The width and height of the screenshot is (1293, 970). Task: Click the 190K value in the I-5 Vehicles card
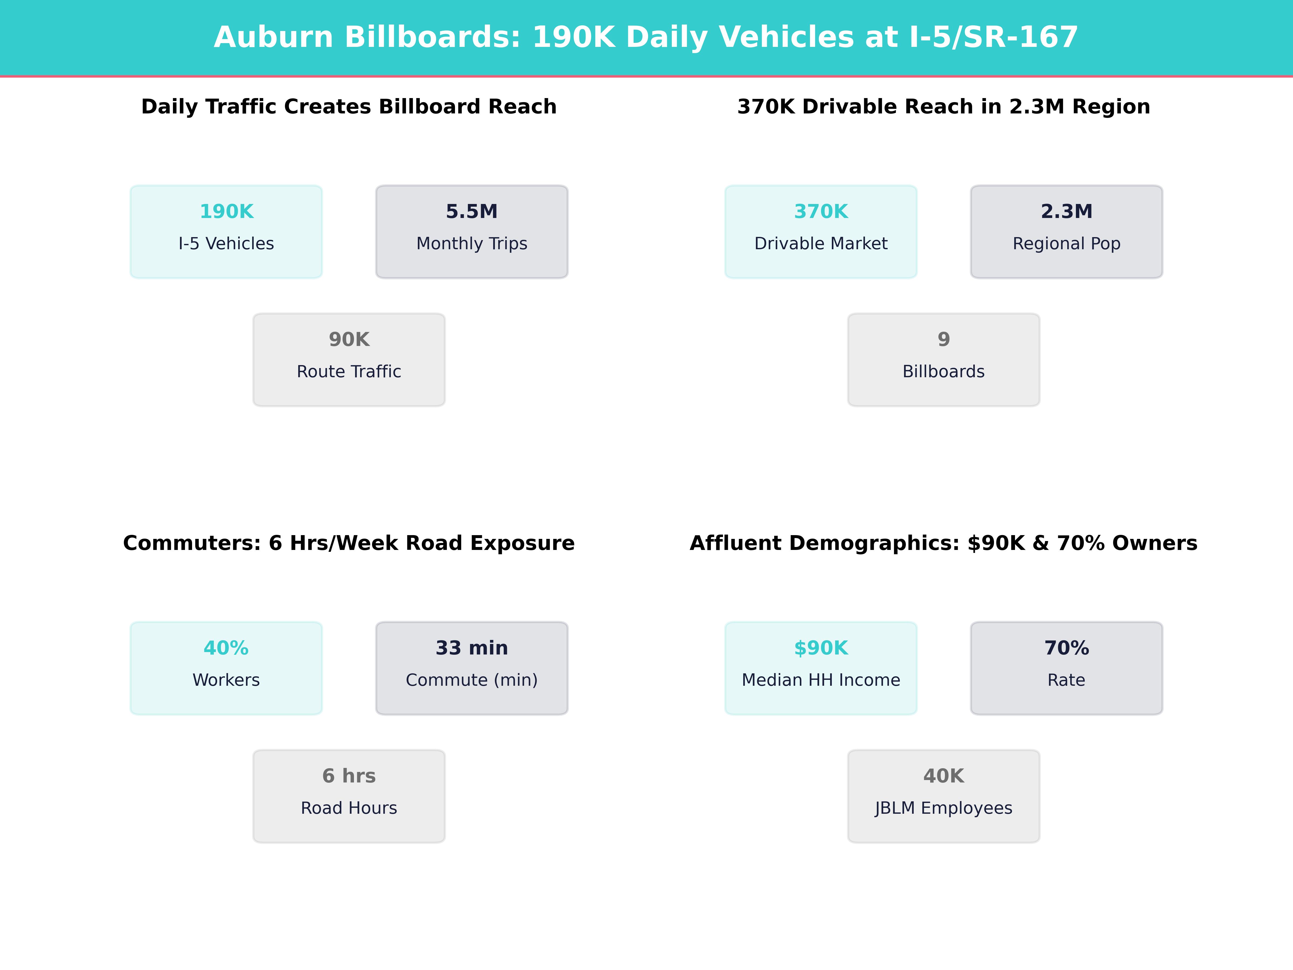(226, 212)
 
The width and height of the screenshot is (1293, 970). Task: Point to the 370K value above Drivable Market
(821, 212)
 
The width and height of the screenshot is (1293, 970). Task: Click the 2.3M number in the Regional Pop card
(1066, 212)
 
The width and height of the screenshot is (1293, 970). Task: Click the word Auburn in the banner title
(274, 37)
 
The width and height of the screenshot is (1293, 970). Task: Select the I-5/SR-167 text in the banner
(994, 37)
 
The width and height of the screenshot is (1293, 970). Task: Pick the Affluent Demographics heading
(943, 543)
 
